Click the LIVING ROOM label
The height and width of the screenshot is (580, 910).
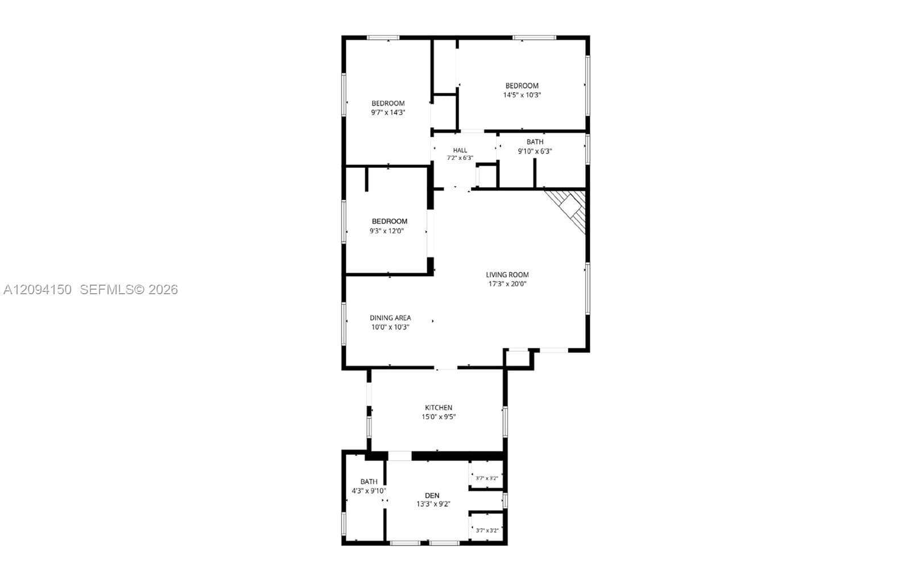(x=507, y=275)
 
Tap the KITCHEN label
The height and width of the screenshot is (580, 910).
(x=439, y=408)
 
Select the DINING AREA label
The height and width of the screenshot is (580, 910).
(x=390, y=318)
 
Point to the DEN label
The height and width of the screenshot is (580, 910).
(x=432, y=495)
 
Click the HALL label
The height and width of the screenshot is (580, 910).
(x=460, y=150)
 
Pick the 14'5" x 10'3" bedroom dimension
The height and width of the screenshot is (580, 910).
(x=522, y=95)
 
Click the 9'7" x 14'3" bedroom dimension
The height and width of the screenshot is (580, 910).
(x=388, y=113)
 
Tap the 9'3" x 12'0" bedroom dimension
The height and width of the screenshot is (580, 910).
(x=387, y=231)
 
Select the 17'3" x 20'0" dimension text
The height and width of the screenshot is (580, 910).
(x=507, y=284)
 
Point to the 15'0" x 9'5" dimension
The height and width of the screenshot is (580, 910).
(x=439, y=417)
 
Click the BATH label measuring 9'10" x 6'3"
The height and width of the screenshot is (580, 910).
(x=535, y=142)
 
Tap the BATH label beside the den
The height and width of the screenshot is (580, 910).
(x=369, y=482)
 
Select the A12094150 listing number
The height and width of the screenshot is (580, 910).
(x=38, y=289)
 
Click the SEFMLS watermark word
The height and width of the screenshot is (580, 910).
(x=107, y=289)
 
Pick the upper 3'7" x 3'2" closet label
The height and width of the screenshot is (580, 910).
(x=487, y=478)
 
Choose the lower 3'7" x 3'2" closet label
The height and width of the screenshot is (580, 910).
(x=487, y=530)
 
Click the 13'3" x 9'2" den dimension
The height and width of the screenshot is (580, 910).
(x=433, y=504)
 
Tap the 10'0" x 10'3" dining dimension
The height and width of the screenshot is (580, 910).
(x=390, y=327)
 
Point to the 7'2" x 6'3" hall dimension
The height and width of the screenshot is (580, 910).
(x=460, y=158)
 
